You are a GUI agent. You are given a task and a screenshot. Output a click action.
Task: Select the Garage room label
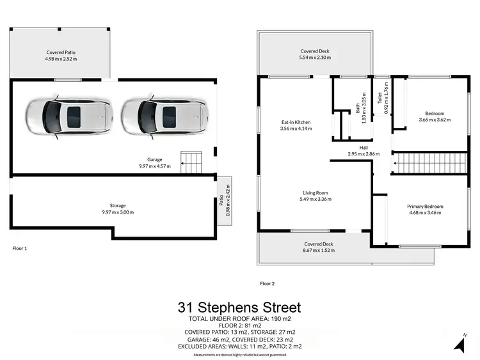coord(154,160)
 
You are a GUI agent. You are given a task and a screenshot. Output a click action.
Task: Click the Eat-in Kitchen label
coord(296,121)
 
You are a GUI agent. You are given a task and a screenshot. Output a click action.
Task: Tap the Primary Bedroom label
coord(425,207)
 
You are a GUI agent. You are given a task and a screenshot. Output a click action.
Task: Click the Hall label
coord(364,148)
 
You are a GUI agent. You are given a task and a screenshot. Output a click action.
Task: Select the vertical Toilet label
coord(380,98)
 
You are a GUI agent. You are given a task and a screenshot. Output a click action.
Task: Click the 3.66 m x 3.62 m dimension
coord(431,120)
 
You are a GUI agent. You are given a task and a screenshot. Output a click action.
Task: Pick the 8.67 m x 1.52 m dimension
coord(318,251)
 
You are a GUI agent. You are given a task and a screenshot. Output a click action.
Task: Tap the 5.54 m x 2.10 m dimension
coord(315,58)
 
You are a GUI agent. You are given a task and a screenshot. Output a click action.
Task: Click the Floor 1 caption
coord(20,247)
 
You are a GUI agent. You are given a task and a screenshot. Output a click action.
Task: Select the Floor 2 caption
coord(268,283)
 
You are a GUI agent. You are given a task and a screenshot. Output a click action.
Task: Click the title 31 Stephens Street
coord(239,308)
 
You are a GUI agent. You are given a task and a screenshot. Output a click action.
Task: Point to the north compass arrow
coord(460,343)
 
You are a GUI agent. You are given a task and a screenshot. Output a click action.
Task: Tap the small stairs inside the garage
coord(190,162)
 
